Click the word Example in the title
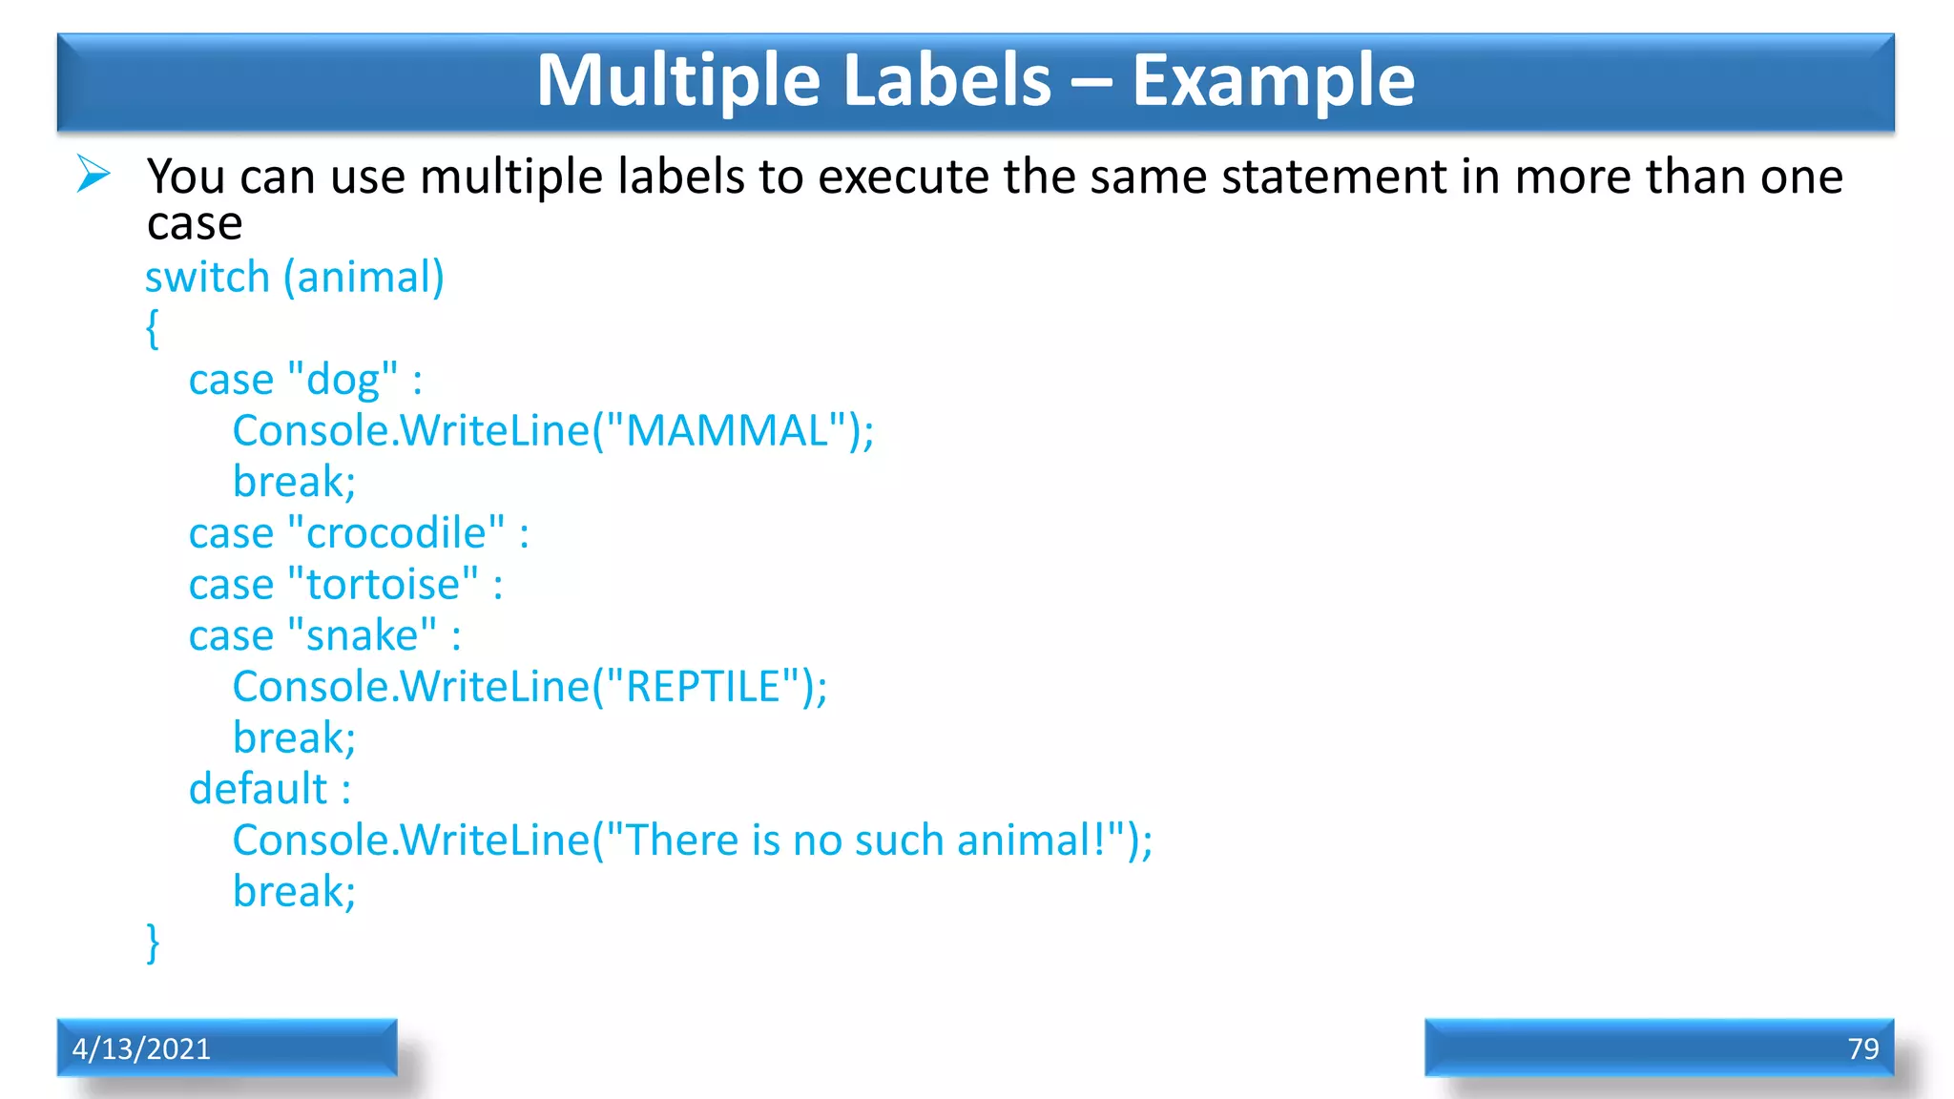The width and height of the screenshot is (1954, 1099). [1273, 80]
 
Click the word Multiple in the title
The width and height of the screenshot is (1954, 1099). [677, 80]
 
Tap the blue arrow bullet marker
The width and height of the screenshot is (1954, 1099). [94, 175]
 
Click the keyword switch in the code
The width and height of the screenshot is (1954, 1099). [208, 278]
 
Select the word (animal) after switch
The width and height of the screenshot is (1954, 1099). [364, 278]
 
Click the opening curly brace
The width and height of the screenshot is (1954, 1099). [153, 328]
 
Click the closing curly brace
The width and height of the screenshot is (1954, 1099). [153, 943]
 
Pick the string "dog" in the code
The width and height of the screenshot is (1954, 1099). [342, 380]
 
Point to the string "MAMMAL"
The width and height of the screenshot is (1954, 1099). [726, 430]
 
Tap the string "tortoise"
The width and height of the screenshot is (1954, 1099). [382, 585]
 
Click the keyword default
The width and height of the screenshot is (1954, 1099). [259, 789]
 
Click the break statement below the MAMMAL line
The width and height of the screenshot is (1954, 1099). [294, 482]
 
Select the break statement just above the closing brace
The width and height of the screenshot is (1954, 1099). [294, 892]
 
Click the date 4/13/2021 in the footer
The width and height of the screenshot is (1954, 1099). [141, 1048]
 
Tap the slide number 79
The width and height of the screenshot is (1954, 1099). [1862, 1048]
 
